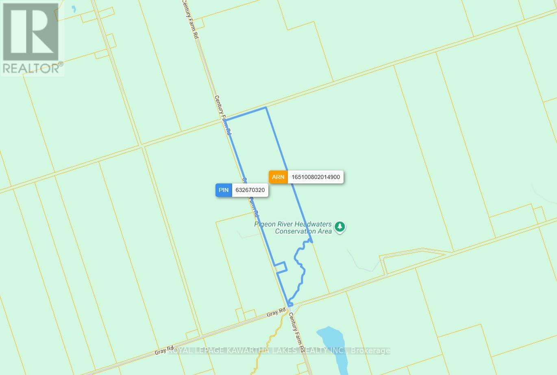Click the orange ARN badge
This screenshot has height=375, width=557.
(x=278, y=177)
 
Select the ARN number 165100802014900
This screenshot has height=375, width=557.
(x=315, y=177)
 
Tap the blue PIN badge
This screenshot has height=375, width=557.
(x=224, y=190)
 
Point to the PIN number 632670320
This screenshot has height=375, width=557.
(x=250, y=190)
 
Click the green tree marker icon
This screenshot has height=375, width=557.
(x=340, y=227)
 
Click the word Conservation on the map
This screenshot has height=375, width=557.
(x=296, y=231)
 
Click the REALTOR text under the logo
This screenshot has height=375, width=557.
(x=31, y=68)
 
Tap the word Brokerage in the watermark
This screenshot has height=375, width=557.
(x=370, y=351)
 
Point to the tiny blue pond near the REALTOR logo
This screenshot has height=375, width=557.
(x=74, y=9)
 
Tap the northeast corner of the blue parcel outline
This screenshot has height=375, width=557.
(x=266, y=108)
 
